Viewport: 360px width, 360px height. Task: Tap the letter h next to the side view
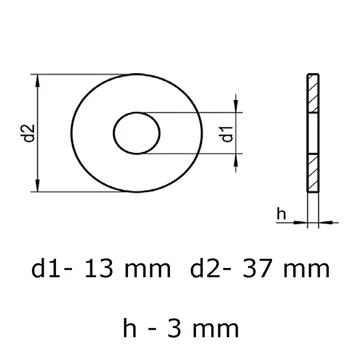(x=282, y=215)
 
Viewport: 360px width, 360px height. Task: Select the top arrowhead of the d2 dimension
(x=38, y=80)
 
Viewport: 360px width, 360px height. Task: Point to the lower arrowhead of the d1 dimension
(x=237, y=161)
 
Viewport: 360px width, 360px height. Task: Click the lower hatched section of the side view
(x=312, y=172)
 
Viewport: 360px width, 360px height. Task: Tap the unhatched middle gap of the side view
(x=312, y=133)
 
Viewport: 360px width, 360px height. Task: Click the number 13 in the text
(x=99, y=270)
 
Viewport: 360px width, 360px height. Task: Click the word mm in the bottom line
(x=218, y=326)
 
